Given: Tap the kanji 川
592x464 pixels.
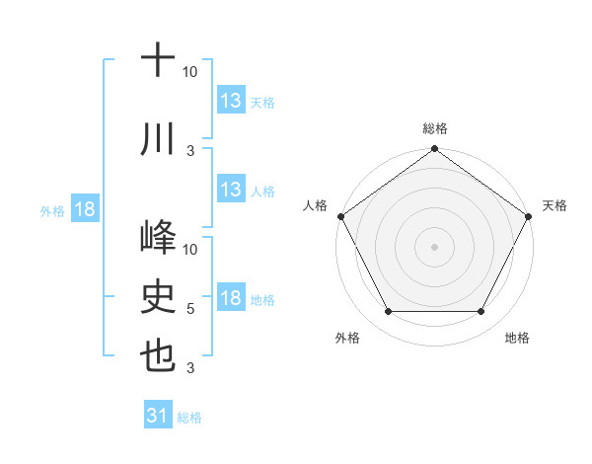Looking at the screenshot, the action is point(158,140).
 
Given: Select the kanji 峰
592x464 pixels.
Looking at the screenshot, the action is point(158,238).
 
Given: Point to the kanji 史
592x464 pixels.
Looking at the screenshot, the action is point(158,295).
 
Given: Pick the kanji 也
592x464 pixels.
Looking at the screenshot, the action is point(158,354).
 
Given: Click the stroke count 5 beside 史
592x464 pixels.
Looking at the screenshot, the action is point(190,309).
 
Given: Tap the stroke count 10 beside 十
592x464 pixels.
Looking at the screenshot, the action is point(190,72).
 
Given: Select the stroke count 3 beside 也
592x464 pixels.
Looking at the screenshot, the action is point(190,368).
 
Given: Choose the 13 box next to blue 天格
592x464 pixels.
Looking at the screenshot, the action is point(231,101).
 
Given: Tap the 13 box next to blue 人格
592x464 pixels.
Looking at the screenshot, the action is point(231,190).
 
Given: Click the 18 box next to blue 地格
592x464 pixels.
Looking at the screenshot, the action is point(231,299).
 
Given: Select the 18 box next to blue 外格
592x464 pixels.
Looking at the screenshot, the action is point(84,209).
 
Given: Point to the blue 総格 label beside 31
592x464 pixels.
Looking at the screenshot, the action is point(189,418).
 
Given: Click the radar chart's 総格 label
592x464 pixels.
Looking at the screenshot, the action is point(434,128).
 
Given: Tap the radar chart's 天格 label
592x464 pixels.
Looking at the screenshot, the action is point(555,205).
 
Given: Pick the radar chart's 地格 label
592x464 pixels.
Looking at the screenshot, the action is point(517,338).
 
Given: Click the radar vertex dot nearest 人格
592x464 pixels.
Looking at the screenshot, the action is point(340,216).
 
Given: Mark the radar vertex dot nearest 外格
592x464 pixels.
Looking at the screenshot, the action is point(388,312).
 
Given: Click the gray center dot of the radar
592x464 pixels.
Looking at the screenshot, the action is point(434,246).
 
